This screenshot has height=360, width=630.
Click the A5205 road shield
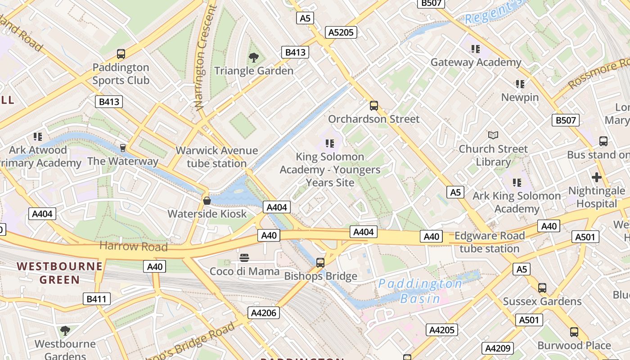[341, 32]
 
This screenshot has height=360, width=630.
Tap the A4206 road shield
[264, 313]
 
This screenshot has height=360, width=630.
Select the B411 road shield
[97, 298]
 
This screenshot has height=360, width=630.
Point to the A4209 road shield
[497, 348]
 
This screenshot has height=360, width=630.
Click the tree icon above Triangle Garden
[254, 58]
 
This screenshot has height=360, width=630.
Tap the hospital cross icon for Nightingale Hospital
[597, 177]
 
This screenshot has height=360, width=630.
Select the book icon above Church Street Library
[493, 135]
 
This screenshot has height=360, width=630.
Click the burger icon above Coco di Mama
[244, 258]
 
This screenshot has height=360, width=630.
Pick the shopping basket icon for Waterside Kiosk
[207, 200]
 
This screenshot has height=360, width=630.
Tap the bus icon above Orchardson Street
[373, 106]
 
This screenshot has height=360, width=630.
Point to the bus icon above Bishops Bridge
[320, 262]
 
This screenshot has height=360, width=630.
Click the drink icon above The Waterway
[122, 148]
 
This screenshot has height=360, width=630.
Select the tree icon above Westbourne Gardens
[65, 331]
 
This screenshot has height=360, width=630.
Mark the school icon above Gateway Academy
[476, 49]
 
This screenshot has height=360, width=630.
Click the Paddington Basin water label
[420, 291]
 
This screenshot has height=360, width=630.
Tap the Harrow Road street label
[133, 246]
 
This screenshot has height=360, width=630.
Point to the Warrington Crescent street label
[205, 58]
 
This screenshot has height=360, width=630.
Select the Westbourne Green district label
[60, 273]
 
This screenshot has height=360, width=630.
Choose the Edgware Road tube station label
[490, 242]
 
